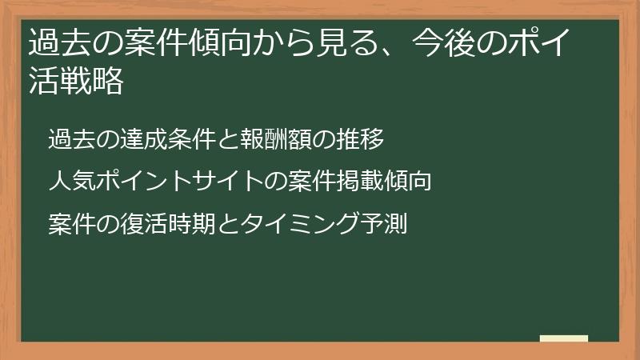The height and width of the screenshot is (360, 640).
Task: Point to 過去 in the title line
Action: [x=58, y=42]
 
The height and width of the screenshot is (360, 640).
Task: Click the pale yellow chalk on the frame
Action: [x=564, y=338]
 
